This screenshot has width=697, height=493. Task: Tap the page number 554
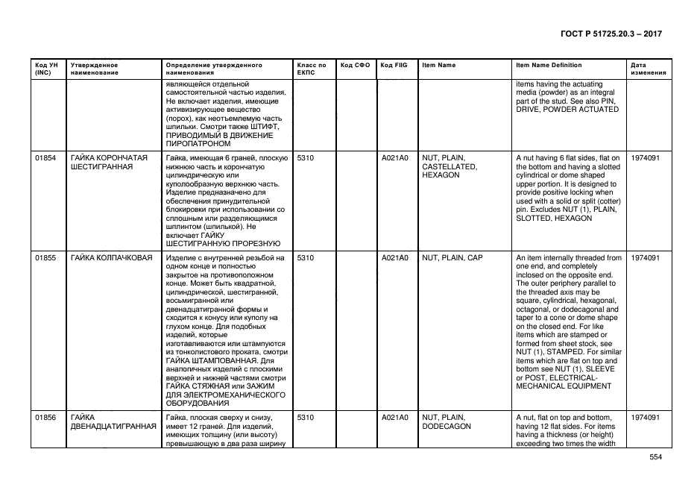click(x=655, y=458)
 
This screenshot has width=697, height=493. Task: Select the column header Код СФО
click(x=355, y=66)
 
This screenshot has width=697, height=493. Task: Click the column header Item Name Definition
click(x=549, y=66)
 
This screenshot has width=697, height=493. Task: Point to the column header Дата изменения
click(x=646, y=69)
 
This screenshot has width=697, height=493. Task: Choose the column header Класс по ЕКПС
click(x=311, y=69)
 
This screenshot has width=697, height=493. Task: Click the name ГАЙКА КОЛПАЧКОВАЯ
click(x=111, y=258)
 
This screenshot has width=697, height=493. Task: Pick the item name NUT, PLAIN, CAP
click(x=452, y=258)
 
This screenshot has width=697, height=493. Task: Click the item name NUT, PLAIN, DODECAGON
click(x=444, y=422)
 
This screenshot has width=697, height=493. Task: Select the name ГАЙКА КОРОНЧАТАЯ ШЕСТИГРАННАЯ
click(x=109, y=163)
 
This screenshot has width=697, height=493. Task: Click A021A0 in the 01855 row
click(x=395, y=258)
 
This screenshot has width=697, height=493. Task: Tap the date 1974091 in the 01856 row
click(x=645, y=418)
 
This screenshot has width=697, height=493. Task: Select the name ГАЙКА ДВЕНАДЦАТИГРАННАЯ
click(x=114, y=422)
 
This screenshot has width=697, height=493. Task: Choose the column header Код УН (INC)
click(x=46, y=69)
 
